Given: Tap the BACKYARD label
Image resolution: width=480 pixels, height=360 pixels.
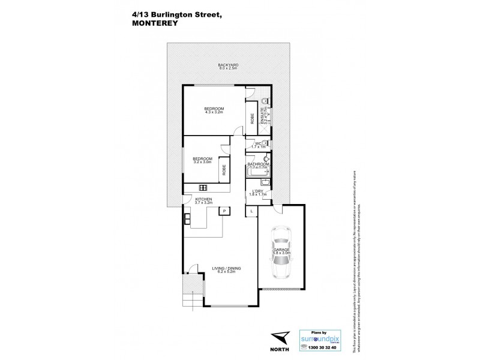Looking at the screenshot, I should click(x=229, y=64).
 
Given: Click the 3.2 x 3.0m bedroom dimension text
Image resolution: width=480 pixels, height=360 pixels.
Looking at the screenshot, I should click(x=203, y=162).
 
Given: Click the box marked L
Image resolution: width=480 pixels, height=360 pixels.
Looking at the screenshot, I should click(x=250, y=211).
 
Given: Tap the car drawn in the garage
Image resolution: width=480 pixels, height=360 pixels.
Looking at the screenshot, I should click(x=281, y=252).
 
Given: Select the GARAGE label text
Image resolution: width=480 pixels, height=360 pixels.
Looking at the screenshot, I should click(x=281, y=249).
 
